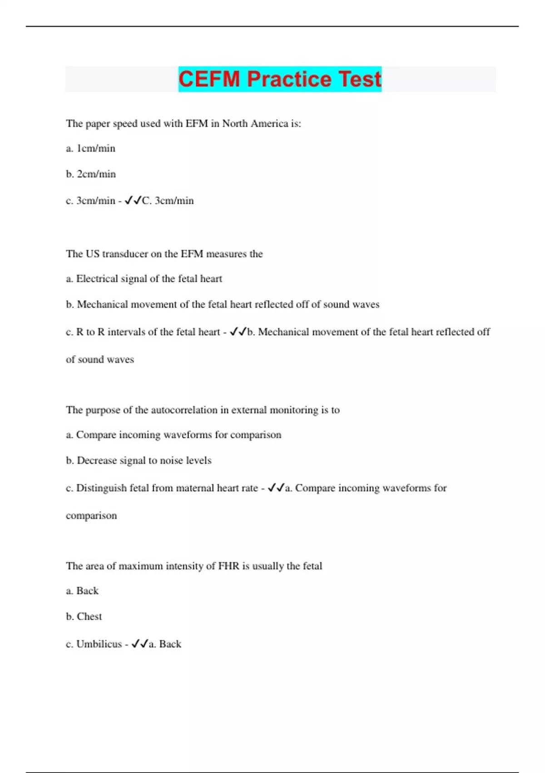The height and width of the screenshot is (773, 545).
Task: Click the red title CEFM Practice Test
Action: pos(280,79)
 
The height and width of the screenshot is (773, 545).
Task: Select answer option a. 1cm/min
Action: pos(91,149)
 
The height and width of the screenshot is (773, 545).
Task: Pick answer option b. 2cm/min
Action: pos(91,174)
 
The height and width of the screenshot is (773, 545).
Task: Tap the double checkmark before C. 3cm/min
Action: pos(133,201)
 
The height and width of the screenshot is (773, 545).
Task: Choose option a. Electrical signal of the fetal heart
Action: pos(144,279)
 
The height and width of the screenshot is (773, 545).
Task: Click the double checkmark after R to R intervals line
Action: pos(238,332)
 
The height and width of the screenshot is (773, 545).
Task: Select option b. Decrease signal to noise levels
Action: pos(139,461)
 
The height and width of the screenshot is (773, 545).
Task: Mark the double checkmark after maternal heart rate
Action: pos(276,488)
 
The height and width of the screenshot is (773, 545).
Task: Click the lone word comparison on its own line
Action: pos(91,516)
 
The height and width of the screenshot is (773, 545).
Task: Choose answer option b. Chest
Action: pos(84,617)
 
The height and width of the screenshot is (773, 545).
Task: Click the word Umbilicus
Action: pos(99,644)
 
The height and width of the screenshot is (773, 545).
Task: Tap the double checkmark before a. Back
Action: pos(140,644)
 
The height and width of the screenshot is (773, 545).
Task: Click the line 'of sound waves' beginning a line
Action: pos(100,360)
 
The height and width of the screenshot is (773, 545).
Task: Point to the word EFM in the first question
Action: pos(196,124)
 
